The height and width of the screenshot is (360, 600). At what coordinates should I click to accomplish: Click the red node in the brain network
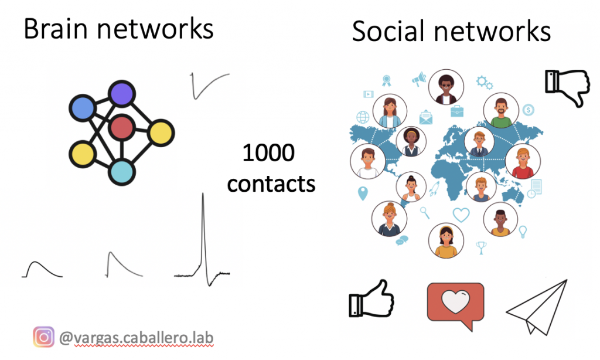pos(122,128)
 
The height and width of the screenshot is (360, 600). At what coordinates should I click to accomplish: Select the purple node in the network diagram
pos(121,94)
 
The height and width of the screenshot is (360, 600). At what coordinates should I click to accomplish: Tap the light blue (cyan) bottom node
pos(122,172)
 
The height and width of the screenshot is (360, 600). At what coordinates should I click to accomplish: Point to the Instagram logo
pos(43,337)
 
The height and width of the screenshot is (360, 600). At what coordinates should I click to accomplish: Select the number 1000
pos(268,154)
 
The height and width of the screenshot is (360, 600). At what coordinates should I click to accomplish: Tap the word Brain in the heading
pos(56,29)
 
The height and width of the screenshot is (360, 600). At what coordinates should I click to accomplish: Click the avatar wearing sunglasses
pos(446,88)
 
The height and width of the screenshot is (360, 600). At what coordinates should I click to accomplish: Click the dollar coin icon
pos(528,109)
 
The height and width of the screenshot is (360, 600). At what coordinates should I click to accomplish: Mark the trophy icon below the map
pos(482,247)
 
